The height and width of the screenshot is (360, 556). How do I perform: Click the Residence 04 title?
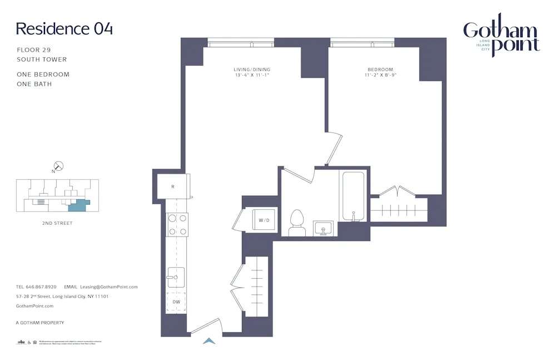click(x=64, y=28)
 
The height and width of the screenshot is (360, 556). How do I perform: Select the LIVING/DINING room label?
click(x=252, y=70)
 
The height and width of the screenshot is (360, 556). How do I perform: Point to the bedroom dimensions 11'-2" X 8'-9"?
click(x=380, y=75)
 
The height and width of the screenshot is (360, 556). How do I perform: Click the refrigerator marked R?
click(x=173, y=186)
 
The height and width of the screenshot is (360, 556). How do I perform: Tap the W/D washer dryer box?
click(x=264, y=220)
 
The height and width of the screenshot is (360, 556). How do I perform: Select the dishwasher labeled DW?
click(x=176, y=302)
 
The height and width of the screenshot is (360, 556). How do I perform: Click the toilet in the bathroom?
click(x=297, y=222)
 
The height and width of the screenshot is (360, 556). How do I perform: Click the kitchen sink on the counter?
click(x=176, y=277)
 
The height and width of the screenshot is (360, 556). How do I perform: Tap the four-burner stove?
click(x=177, y=225)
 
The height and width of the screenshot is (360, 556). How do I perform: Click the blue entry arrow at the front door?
click(x=209, y=341)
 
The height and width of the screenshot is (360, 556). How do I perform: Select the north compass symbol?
click(x=58, y=166)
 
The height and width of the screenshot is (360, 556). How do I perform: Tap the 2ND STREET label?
click(x=57, y=223)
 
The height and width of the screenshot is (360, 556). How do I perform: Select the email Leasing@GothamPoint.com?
click(x=109, y=287)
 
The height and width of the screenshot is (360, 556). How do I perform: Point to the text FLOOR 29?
click(x=34, y=50)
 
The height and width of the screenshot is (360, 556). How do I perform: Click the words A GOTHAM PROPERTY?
click(x=40, y=323)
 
